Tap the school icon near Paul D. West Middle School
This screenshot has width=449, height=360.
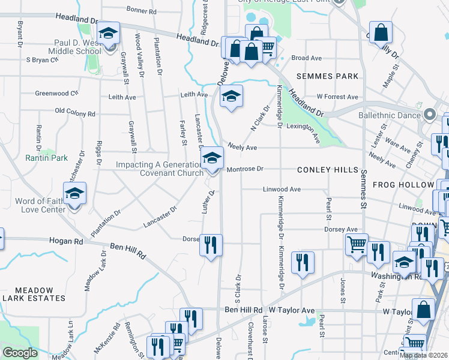[108, 34]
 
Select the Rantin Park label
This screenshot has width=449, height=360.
[46, 158]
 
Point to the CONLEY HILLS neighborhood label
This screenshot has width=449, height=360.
[327, 170]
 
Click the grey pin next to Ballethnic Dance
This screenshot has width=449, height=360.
[429, 113]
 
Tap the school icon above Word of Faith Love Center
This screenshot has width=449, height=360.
[74, 194]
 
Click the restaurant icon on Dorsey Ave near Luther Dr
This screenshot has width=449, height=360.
[210, 244]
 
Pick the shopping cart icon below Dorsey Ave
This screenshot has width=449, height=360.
[357, 244]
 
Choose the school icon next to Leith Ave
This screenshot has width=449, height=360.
[231, 96]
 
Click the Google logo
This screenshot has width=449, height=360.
[19, 352]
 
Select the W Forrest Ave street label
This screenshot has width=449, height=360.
[337, 97]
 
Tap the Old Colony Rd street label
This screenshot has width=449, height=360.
[74, 113]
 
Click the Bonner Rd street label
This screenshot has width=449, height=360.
[142, 11]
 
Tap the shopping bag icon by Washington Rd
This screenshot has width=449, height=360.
[424, 310]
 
